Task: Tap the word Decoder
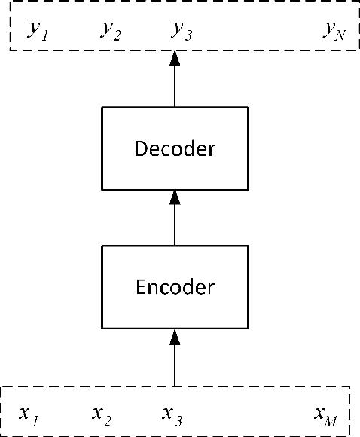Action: (174, 148)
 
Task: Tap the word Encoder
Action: (174, 287)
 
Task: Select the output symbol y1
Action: (38, 30)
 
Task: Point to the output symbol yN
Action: (334, 30)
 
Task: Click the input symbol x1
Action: (29, 414)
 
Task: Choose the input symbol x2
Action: (102, 414)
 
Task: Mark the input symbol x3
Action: (172, 414)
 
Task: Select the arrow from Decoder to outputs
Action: (175, 83)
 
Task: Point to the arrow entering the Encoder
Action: (175, 362)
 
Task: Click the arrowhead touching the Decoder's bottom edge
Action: (175, 197)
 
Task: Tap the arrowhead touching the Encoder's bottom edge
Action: (175, 335)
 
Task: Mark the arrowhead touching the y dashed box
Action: (175, 58)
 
